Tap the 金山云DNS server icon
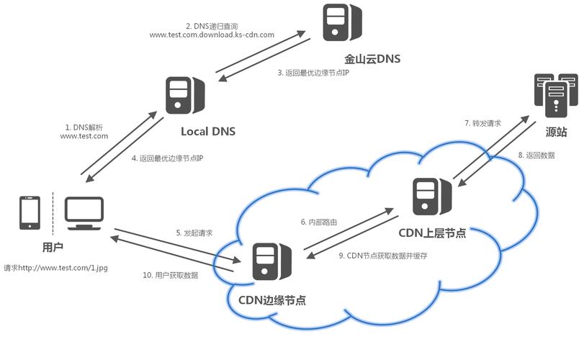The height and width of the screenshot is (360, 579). [x=342, y=22]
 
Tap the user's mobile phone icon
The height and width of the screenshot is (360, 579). [x=30, y=212]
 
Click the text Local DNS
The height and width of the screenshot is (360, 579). [x=207, y=131]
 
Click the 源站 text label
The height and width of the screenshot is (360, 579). [x=556, y=132]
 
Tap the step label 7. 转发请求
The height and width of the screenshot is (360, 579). [x=482, y=123]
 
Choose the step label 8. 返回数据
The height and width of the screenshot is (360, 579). [x=537, y=155]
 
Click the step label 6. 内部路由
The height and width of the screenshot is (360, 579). [x=319, y=222]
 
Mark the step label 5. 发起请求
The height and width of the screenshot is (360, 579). [x=194, y=233]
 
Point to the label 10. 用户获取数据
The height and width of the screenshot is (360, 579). [x=170, y=274]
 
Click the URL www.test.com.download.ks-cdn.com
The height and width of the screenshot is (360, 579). [x=212, y=34]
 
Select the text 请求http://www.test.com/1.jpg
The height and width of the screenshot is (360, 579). [x=55, y=267]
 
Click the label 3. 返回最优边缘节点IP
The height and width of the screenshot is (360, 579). [x=313, y=73]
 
